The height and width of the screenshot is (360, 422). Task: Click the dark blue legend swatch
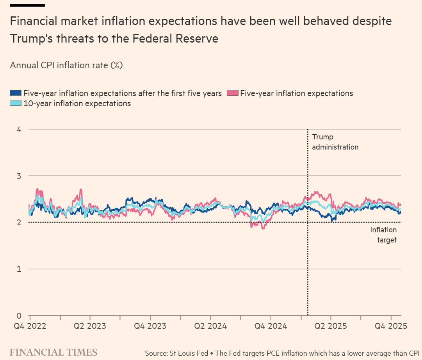[x=16, y=93]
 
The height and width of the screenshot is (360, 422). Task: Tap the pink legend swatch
[x=232, y=93]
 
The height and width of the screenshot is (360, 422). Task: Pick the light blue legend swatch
[x=16, y=103]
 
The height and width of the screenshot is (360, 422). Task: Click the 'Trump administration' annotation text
[x=335, y=142]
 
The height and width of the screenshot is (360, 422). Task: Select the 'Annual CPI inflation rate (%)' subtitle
[x=66, y=65]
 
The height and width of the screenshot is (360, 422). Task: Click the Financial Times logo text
[x=53, y=352]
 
